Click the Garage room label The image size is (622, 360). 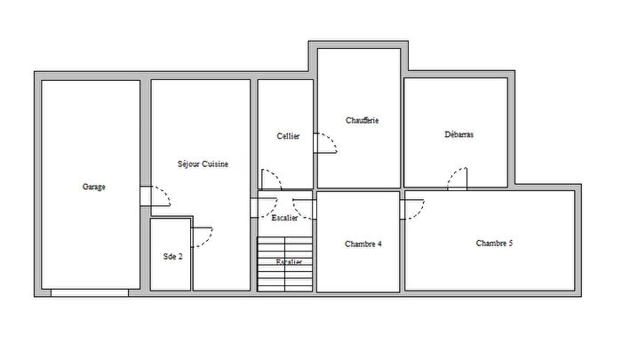point(94,187)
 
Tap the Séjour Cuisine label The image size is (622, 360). point(203,164)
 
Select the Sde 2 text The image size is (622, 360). point(172,257)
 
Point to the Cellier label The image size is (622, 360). point(288,136)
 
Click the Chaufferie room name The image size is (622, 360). point(363,121)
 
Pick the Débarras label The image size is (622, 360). point(459,135)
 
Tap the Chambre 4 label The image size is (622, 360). point(363,244)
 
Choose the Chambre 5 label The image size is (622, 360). point(494,244)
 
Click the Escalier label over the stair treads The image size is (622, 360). point(289,262)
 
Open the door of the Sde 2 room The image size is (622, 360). point(202,236)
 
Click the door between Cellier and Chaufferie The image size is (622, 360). point(324,144)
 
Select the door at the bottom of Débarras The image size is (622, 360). point(457,179)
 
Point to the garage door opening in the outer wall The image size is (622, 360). point(89,292)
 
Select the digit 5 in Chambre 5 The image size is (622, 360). point(510,244)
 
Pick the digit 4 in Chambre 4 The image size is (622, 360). point(379,244)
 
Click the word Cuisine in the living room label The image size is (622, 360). point(216,164)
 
